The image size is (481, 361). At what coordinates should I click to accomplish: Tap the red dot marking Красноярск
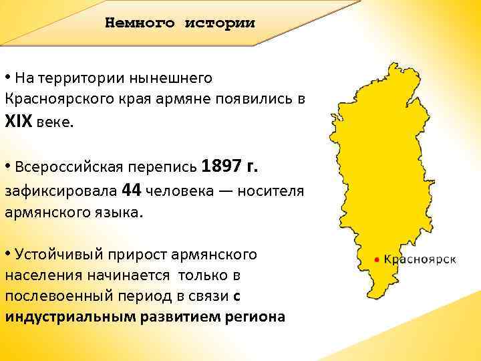coord(377,259)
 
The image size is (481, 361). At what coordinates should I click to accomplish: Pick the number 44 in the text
coord(132,191)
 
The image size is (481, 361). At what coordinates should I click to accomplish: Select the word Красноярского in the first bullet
coord(49,99)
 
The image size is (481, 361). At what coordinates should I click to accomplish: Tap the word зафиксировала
coord(60,192)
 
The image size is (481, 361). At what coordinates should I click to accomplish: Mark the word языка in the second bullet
coord(120,213)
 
